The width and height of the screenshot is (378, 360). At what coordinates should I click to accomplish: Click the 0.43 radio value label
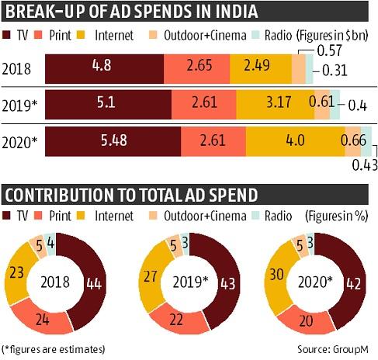click(x=364, y=164)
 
